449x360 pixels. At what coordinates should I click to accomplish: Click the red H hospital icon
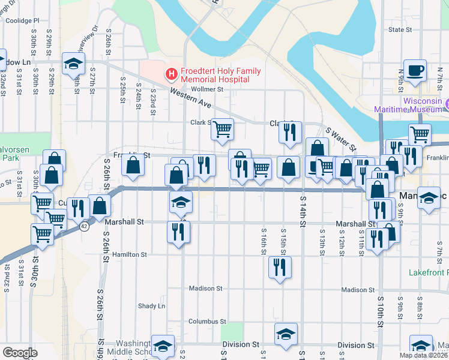point(172,74)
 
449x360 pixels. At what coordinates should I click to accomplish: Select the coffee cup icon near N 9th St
point(415,70)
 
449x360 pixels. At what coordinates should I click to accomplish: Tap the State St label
point(400,29)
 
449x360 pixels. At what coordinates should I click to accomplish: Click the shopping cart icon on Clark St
point(222,128)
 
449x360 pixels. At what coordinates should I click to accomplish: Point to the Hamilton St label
point(130,254)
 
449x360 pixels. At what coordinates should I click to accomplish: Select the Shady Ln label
point(151,305)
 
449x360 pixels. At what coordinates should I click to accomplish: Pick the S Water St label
point(341,139)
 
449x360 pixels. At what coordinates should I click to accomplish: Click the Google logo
point(20,353)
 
